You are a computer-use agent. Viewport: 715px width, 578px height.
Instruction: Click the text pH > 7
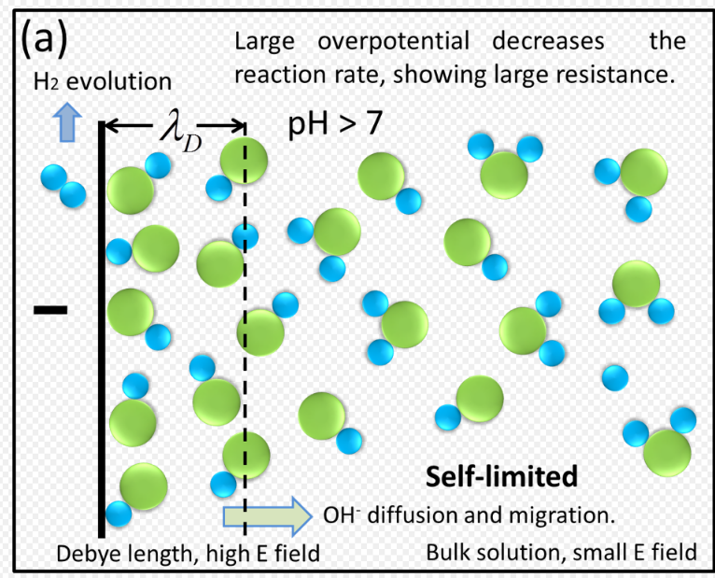tap(333, 123)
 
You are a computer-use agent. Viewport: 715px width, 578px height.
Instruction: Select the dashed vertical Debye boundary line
tap(245, 327)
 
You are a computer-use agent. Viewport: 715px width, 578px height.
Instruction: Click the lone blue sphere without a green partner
tap(614, 376)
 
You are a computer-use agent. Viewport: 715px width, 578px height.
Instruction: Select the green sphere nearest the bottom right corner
tap(666, 453)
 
